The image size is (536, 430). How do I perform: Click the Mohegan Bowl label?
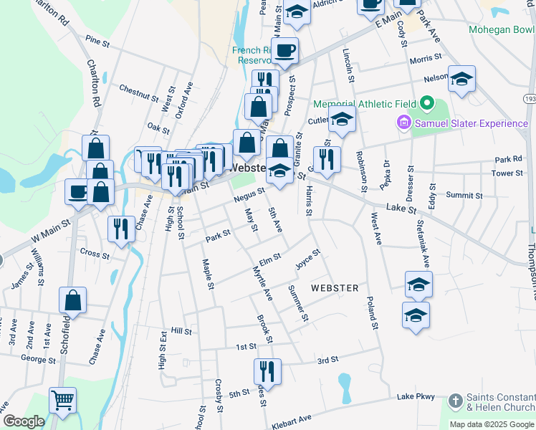[x=502, y=30]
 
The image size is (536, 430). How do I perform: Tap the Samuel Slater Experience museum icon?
[x=403, y=124]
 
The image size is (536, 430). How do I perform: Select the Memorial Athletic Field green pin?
[x=428, y=103]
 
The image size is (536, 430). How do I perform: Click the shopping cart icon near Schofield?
[x=63, y=401]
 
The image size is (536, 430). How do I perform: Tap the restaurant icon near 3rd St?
[x=267, y=371]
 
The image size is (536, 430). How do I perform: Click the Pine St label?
[x=96, y=43]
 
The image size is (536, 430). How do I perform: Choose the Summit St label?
[x=464, y=195]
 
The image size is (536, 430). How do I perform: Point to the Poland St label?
[x=371, y=312]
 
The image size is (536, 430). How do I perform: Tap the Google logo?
[x=23, y=421]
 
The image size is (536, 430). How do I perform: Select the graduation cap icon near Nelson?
[x=461, y=79]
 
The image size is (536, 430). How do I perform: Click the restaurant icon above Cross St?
[x=121, y=229]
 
